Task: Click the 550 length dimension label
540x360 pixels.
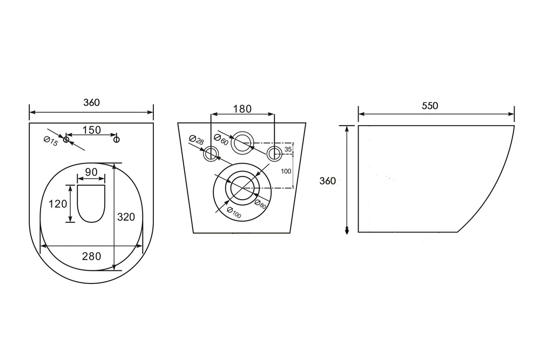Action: [x=430, y=106]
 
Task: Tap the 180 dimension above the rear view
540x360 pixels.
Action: [x=242, y=109]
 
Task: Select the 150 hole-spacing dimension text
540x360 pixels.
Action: [x=92, y=130]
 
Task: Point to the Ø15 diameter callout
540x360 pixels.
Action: [x=51, y=141]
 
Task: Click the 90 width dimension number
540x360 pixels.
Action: [x=91, y=172]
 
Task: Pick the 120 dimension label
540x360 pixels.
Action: [x=58, y=204]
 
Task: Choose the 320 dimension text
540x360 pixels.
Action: [x=126, y=217]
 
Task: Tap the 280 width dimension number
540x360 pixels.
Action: [x=92, y=256]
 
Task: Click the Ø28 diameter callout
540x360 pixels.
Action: [x=197, y=140]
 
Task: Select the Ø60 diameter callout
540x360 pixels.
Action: [x=221, y=139]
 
